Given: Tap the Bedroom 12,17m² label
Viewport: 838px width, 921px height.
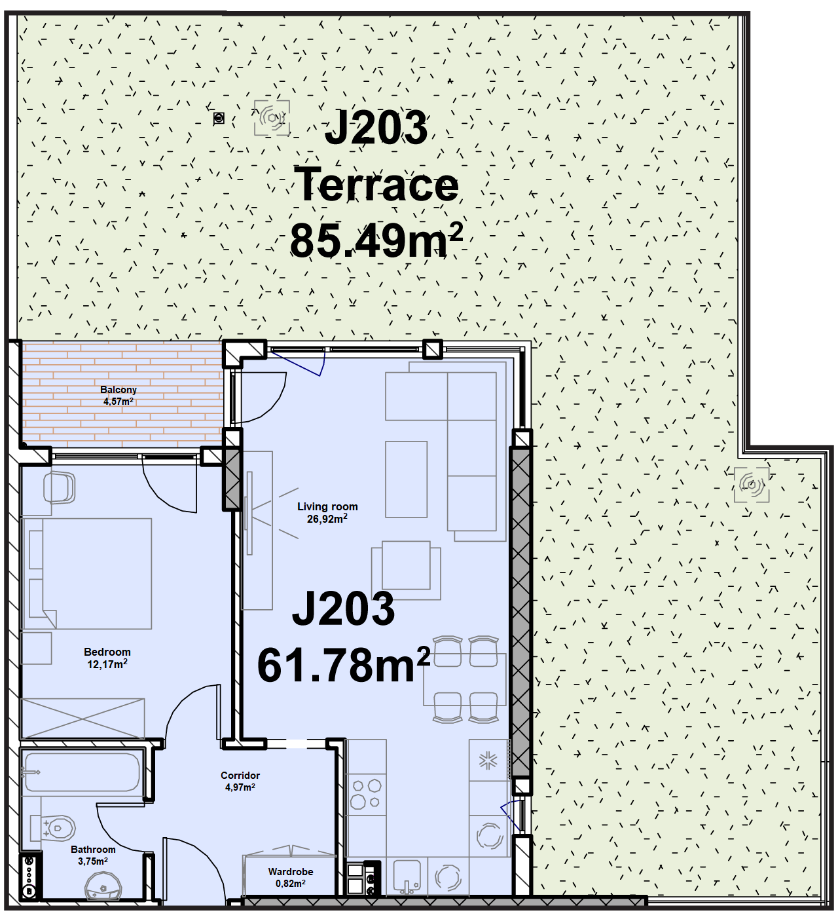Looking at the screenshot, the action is click(x=107, y=658).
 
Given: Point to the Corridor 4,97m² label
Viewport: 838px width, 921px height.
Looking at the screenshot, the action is click(x=240, y=781).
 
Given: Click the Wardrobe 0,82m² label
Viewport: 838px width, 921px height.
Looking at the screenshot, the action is click(x=291, y=877).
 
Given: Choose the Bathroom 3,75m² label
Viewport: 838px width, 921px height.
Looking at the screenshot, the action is click(x=93, y=855).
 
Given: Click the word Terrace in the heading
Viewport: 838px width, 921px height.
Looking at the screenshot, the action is click(x=376, y=185).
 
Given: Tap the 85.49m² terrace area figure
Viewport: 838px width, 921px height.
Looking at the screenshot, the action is click(x=376, y=240).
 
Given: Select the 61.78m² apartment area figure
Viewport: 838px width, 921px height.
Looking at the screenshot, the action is click(x=344, y=664).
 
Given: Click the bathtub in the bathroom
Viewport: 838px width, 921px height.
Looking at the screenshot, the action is click(x=82, y=773).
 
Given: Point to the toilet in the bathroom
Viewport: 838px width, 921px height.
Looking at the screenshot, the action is click(x=52, y=828).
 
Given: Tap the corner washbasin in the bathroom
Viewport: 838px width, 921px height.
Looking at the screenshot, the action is click(x=103, y=886).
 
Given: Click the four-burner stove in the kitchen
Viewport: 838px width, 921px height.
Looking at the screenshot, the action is click(x=366, y=795).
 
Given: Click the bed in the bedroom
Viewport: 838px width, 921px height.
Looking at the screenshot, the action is click(x=88, y=573).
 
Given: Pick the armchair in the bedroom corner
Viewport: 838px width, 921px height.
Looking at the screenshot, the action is click(x=59, y=488).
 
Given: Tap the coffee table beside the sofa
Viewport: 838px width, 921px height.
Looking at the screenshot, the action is click(x=406, y=479).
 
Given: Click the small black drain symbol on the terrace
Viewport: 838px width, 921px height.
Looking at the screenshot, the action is click(x=219, y=119).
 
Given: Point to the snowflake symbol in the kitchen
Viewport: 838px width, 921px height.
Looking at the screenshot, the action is click(x=488, y=761).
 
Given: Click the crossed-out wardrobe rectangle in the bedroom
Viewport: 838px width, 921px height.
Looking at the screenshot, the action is click(x=83, y=719).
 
